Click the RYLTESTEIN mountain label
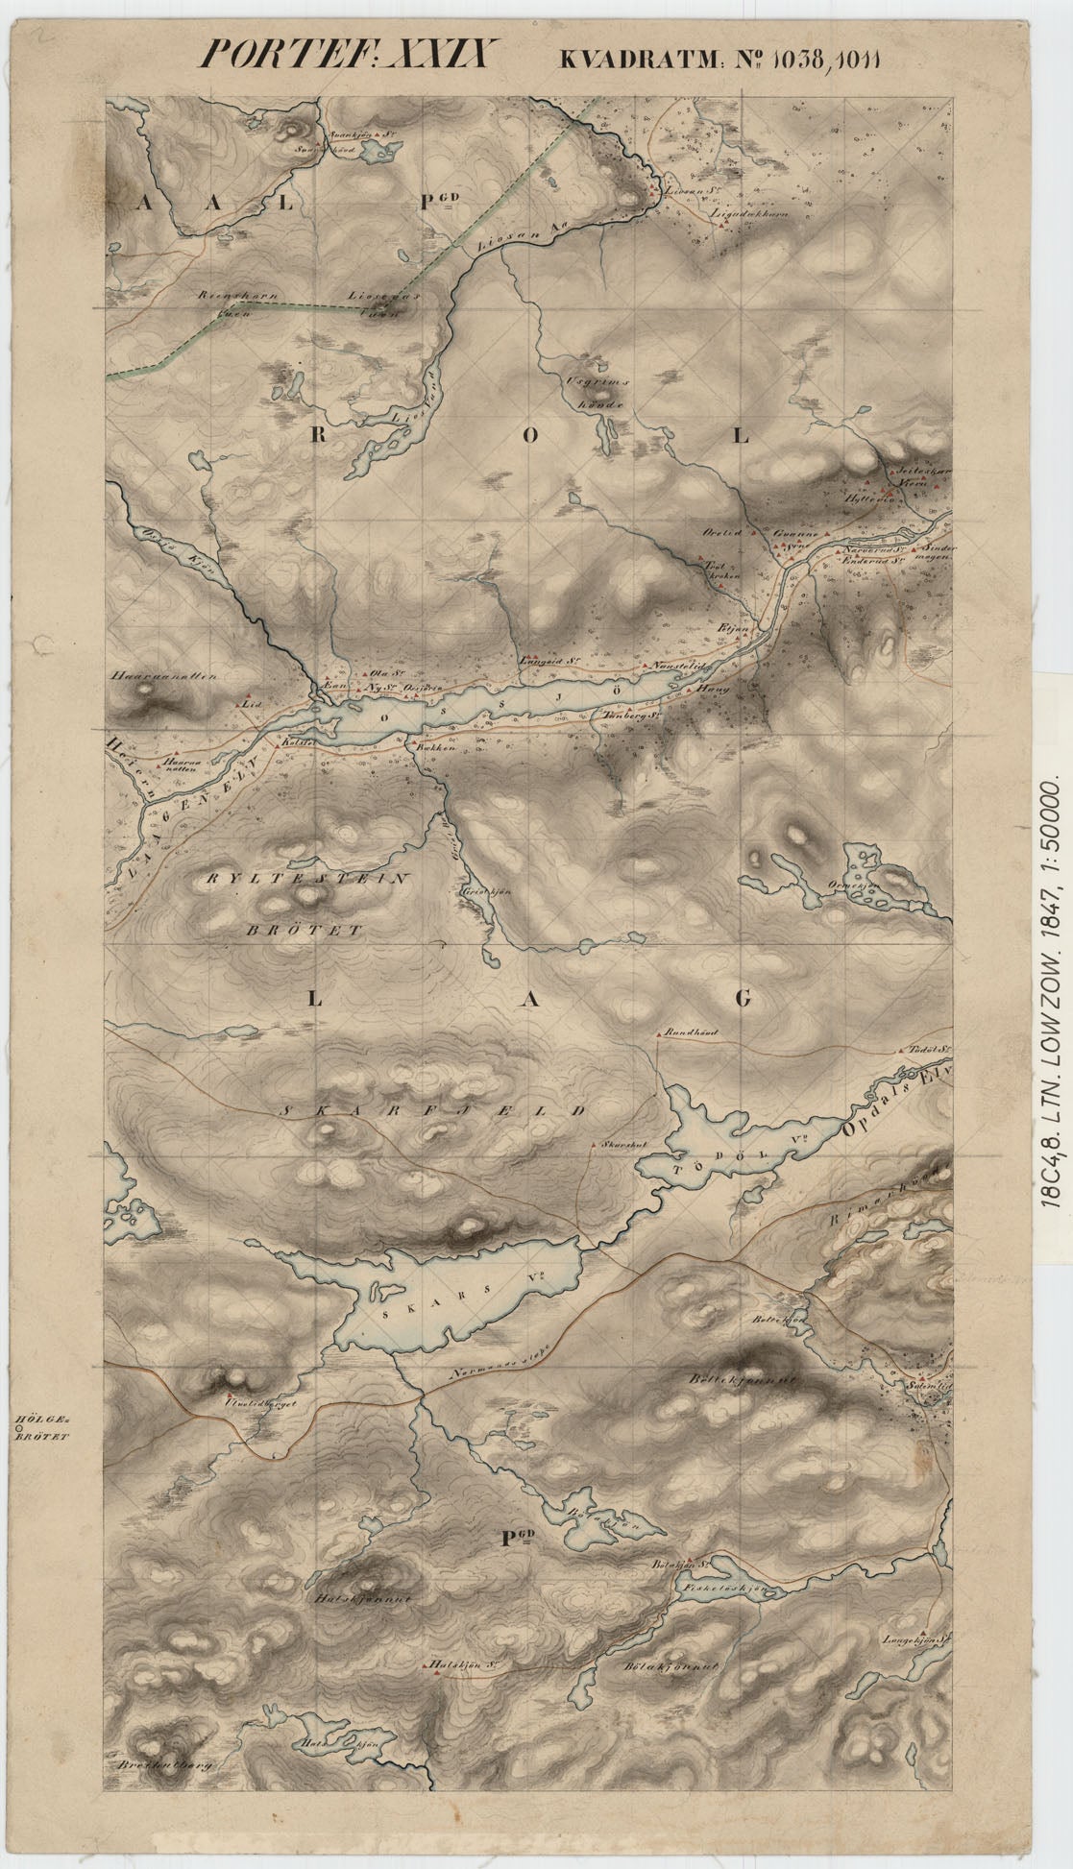click(306, 878)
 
